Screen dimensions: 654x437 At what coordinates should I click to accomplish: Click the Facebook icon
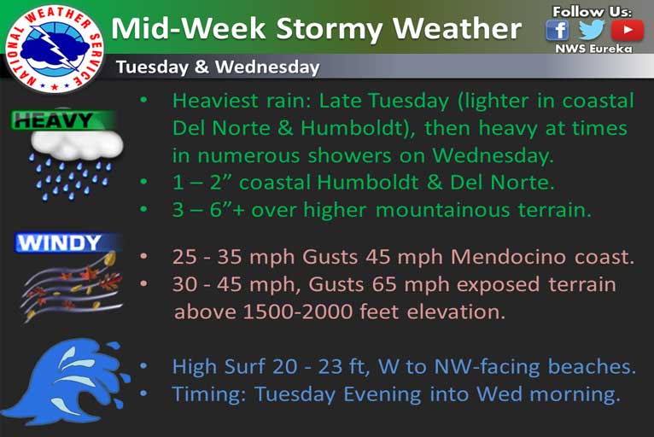click(558, 30)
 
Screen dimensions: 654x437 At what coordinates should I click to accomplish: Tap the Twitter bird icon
click(591, 29)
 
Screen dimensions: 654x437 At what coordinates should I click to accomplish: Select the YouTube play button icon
click(628, 30)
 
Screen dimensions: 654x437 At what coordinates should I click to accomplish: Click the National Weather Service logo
click(55, 49)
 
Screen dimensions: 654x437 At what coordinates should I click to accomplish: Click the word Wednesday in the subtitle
click(267, 67)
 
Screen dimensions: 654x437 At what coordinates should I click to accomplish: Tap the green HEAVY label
click(62, 121)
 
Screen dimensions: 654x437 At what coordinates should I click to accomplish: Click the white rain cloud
click(77, 145)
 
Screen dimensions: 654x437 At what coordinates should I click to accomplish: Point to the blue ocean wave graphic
click(67, 382)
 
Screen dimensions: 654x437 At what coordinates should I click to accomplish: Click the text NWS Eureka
click(593, 49)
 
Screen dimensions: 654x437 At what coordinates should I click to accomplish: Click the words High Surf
click(219, 367)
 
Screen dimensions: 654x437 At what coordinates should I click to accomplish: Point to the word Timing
click(209, 395)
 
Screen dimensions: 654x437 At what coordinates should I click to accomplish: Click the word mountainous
click(442, 210)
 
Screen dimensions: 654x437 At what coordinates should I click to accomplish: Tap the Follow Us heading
click(592, 12)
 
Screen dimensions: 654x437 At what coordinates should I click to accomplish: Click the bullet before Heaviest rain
click(144, 101)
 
